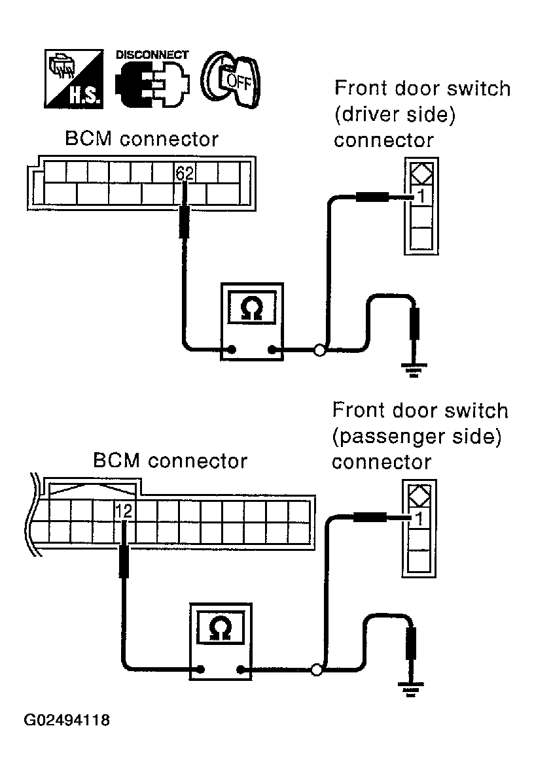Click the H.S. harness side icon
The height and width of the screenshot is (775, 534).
(x=74, y=78)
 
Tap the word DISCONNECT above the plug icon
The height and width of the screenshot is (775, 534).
(x=152, y=54)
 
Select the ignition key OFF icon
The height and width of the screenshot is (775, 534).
(x=230, y=80)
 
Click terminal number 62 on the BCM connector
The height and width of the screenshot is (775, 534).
(x=185, y=173)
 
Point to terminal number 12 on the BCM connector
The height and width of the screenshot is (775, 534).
(x=124, y=511)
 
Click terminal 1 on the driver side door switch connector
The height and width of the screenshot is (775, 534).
(x=421, y=196)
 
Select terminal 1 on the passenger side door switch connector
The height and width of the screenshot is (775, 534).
(x=419, y=518)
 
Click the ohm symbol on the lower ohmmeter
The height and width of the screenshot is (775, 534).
(x=221, y=628)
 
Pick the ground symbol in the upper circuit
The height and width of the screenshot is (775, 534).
(x=414, y=371)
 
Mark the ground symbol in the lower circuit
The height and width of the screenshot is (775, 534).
(x=410, y=689)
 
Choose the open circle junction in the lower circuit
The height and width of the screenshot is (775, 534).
(x=316, y=670)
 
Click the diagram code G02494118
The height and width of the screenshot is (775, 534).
(x=67, y=719)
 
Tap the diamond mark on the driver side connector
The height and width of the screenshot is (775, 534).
(x=421, y=174)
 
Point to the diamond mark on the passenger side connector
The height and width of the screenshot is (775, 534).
(x=419, y=496)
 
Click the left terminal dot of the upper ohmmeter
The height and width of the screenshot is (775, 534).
(x=232, y=350)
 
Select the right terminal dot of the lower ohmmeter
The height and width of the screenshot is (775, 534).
(x=241, y=670)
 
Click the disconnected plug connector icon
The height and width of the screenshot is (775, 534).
(x=152, y=84)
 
